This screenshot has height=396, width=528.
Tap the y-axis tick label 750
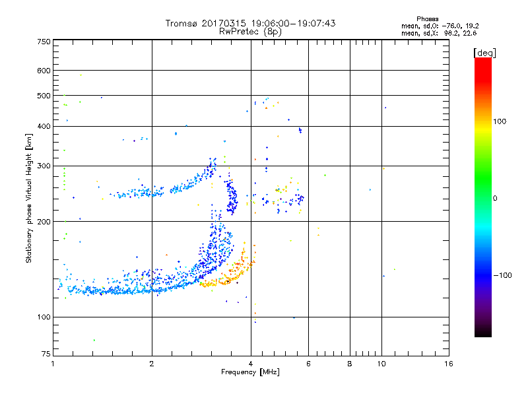coord(44,42)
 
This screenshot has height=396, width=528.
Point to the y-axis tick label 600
coord(44,71)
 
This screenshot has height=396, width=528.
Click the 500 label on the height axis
coord(44,96)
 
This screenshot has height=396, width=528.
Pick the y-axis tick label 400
coord(44,127)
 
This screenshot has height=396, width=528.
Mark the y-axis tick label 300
coord(44,166)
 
